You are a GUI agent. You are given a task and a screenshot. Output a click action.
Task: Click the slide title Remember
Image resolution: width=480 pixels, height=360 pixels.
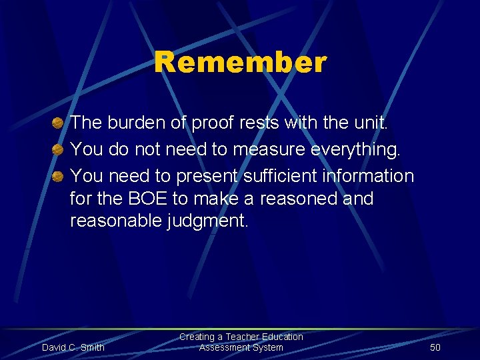click(x=240, y=63)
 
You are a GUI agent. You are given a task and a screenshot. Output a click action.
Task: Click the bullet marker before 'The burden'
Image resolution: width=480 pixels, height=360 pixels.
click(x=58, y=123)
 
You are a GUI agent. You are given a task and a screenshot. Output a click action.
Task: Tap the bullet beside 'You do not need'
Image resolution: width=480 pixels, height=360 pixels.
click(x=58, y=150)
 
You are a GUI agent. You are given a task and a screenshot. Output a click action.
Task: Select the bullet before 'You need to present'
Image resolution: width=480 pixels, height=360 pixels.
click(x=58, y=177)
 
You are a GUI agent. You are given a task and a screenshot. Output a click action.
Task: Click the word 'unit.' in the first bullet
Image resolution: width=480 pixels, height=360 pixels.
click(x=368, y=123)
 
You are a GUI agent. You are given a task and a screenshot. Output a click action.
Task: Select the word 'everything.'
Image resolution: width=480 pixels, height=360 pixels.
click(x=356, y=150)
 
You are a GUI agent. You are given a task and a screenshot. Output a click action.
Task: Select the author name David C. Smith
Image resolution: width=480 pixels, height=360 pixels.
click(x=73, y=347)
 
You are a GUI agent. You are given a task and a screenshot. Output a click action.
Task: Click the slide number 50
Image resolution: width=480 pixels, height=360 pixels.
click(x=435, y=347)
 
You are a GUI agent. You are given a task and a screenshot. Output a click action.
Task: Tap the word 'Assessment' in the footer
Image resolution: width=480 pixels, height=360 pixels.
click(x=223, y=347)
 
